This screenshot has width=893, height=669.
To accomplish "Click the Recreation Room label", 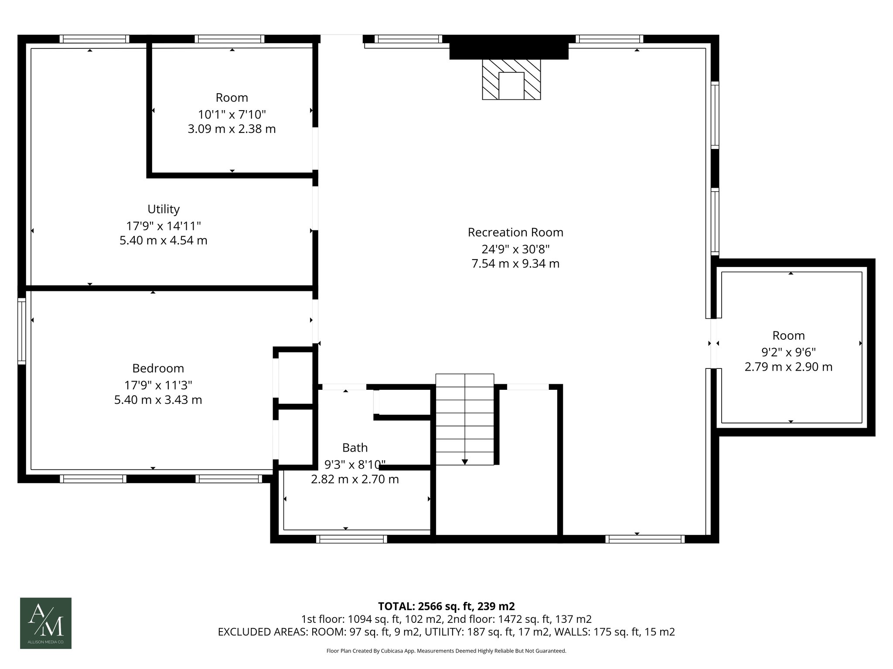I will click(x=515, y=232).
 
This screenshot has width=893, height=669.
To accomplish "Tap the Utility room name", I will click(x=164, y=209).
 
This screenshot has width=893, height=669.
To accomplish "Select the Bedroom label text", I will click(x=158, y=368).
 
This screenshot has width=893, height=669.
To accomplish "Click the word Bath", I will click(x=354, y=448).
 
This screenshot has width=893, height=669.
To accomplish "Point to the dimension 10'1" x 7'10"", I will click(x=232, y=115).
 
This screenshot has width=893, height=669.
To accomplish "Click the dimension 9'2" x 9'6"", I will click(x=788, y=352).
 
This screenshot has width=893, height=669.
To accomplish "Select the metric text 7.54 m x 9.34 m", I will click(x=515, y=264).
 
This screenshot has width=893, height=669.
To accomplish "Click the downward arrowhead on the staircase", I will click(x=465, y=462).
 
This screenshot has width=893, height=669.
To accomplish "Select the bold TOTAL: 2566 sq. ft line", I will click(x=446, y=606).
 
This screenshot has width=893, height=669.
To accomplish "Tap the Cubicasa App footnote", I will click(x=446, y=651).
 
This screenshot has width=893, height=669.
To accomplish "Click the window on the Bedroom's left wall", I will click(x=21, y=331).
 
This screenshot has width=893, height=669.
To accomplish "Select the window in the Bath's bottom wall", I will click(x=351, y=539).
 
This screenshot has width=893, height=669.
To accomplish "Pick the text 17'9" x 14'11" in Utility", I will click(x=164, y=226).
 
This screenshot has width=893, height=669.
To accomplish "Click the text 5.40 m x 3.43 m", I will click(x=158, y=400).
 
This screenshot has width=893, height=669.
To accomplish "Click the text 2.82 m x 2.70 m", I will click(x=354, y=480).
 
